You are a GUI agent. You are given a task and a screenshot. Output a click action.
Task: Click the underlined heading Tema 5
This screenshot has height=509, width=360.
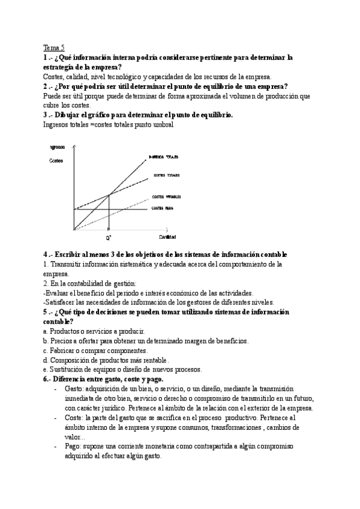pos(55,49)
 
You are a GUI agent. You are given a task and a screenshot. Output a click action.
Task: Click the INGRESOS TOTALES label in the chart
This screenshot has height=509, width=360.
pos(164,157)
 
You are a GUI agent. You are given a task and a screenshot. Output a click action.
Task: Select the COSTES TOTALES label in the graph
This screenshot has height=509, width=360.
pos(166,175)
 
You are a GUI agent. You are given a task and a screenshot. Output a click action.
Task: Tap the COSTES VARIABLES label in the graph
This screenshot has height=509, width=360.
pos(166,196)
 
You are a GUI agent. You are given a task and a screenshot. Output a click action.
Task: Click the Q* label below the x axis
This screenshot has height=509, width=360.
pos(109,238)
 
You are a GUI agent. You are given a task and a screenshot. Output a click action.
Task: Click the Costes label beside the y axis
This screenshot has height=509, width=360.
pos(56,160)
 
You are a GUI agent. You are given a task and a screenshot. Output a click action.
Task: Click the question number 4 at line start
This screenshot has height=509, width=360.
pos(46,254)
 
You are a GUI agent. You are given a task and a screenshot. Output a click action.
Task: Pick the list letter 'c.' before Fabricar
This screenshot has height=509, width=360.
pos(46,351)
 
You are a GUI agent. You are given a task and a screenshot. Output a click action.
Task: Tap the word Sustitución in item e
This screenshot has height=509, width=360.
pos(69,369)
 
